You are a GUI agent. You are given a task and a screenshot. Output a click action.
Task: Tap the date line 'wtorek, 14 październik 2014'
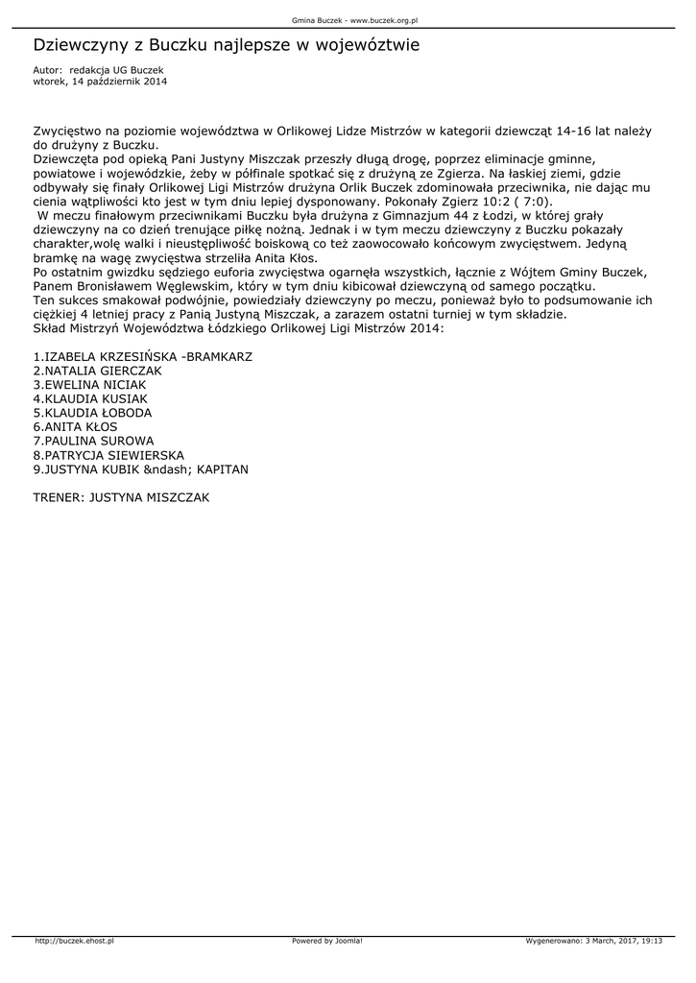tap(100, 82)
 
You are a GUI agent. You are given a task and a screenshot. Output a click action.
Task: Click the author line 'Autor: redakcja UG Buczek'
tap(98, 70)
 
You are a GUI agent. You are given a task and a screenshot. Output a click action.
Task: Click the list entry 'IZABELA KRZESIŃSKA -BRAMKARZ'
tap(142, 356)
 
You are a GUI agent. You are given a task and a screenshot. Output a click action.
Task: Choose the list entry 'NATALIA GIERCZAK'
tap(97, 370)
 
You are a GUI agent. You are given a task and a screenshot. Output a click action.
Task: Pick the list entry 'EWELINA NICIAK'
tap(90, 384)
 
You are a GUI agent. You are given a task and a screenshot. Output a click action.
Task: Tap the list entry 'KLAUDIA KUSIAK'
tap(90, 398)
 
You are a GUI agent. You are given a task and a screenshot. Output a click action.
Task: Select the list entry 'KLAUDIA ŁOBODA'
tap(92, 413)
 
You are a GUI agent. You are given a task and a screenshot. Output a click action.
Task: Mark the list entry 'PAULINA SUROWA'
tap(93, 441)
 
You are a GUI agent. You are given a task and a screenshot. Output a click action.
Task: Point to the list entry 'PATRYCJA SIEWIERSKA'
tap(108, 455)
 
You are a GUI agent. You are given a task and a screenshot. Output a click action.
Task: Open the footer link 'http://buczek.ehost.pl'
tap(74, 941)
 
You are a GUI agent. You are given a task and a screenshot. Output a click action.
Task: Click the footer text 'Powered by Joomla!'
tap(327, 941)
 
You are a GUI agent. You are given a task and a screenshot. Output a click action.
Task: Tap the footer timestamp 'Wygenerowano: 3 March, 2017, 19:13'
tap(594, 941)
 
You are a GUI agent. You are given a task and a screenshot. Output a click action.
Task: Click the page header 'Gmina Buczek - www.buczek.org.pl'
tap(348, 19)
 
